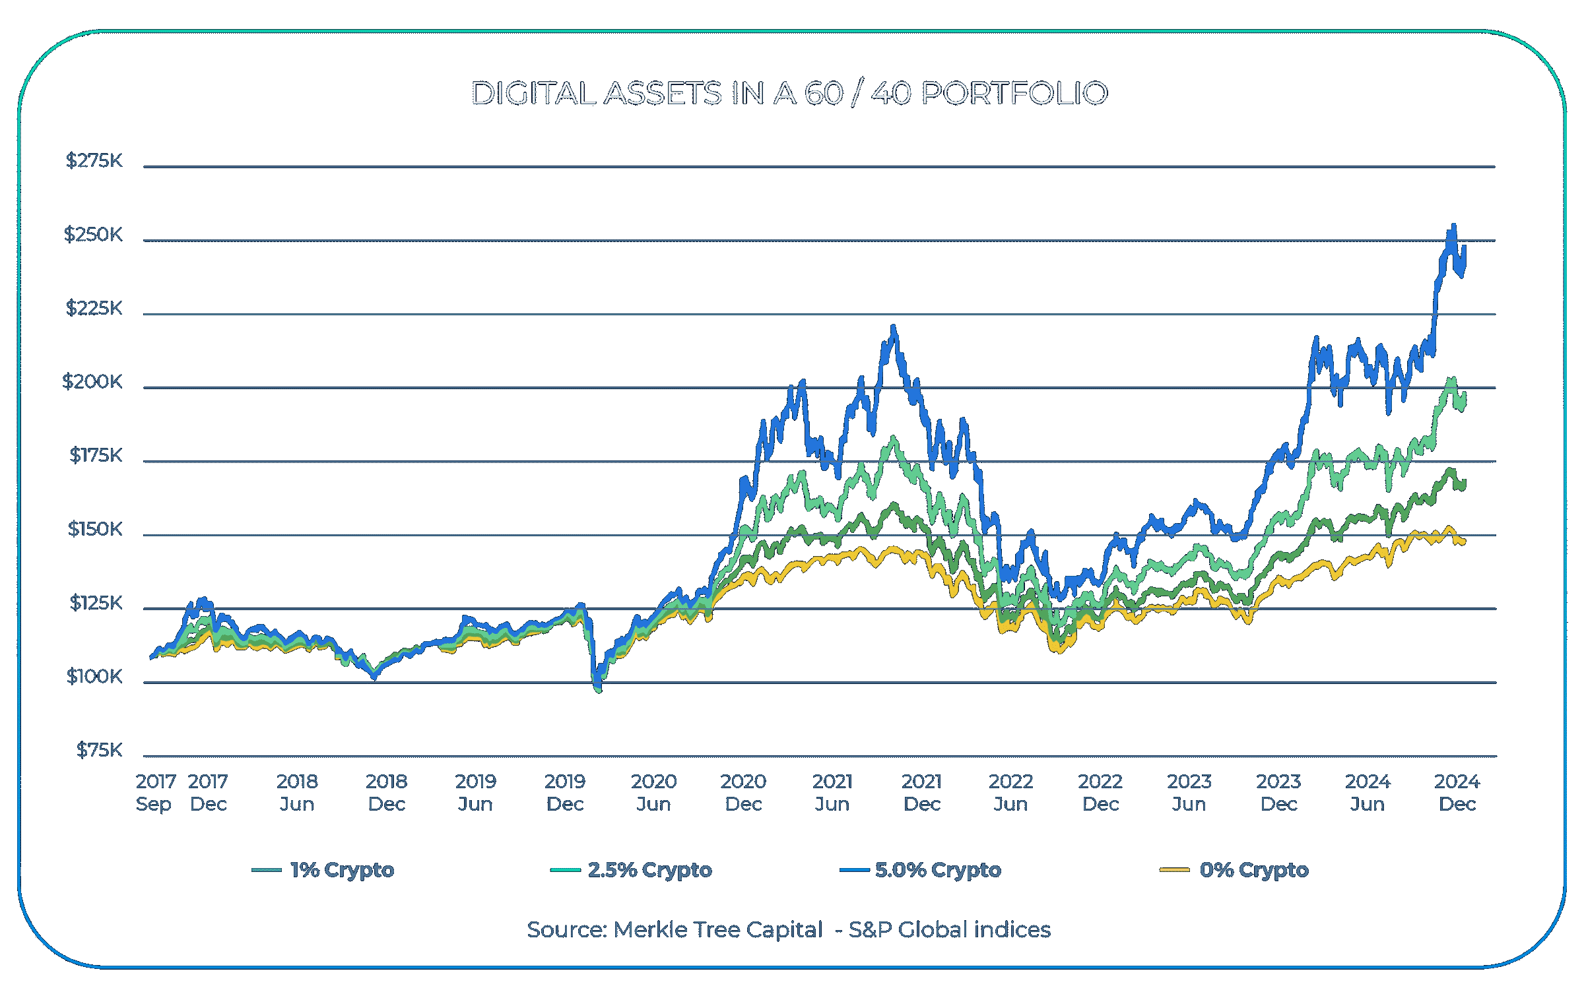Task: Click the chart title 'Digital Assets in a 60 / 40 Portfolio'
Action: click(789, 93)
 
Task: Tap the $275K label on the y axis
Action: click(94, 160)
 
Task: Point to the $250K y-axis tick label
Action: click(93, 234)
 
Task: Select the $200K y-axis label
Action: click(92, 381)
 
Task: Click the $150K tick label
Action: click(95, 529)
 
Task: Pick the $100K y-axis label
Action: click(94, 676)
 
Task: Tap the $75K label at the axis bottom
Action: click(99, 750)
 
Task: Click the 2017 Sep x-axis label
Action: click(156, 792)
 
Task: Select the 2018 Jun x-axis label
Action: click(297, 792)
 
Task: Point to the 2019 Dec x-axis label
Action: click(565, 792)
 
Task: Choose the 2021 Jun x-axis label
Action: click(832, 792)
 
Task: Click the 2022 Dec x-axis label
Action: click(1100, 792)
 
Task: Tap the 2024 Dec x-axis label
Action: click(1457, 792)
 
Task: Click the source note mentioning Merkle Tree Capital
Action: click(789, 929)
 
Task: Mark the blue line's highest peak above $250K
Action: click(1453, 226)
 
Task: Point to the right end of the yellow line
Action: click(1465, 542)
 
